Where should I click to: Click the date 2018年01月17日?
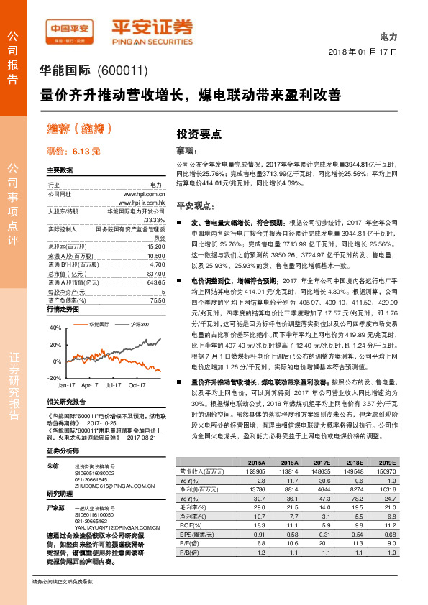coord(363,52)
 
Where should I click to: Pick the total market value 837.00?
coord(156,253)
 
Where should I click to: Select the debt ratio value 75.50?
coord(158,280)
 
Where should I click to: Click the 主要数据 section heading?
coord(60,171)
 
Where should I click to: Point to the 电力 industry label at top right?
coord(388,37)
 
